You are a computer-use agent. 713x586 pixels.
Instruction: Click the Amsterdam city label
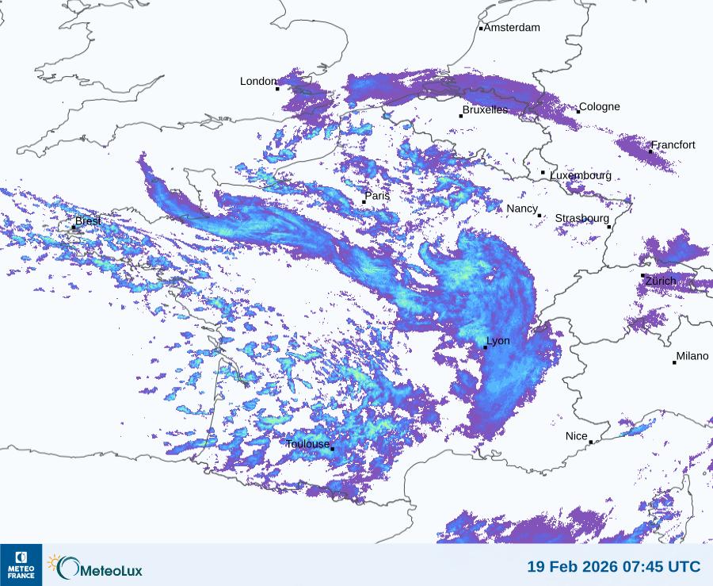pyautogui.click(x=512, y=28)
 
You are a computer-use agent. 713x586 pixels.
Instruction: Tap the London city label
pyautogui.click(x=258, y=82)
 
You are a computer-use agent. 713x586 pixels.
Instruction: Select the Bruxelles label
pyautogui.click(x=485, y=110)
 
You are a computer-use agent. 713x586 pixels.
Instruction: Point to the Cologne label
pyautogui.click(x=600, y=107)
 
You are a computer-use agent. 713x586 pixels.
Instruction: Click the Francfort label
pyautogui.click(x=673, y=145)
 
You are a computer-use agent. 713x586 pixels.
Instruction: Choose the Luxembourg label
pyautogui.click(x=581, y=175)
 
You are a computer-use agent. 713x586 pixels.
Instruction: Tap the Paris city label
pyautogui.click(x=378, y=196)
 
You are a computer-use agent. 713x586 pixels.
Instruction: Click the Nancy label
pyautogui.click(x=522, y=209)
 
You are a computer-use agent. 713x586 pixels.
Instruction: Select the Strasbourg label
pyautogui.click(x=582, y=218)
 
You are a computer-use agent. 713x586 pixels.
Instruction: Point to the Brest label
pyautogui.click(x=88, y=221)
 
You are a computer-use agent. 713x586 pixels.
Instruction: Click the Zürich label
pyautogui.click(x=661, y=282)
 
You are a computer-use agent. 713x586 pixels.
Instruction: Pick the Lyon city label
pyautogui.click(x=498, y=341)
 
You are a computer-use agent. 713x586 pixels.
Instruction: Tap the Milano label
pyautogui.click(x=692, y=357)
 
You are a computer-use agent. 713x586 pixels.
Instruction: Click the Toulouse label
pyautogui.click(x=307, y=444)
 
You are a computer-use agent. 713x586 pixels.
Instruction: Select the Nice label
pyautogui.click(x=577, y=437)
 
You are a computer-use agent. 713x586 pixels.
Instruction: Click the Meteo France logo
pyautogui.click(x=21, y=565)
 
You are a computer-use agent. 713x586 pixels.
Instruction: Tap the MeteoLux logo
pyautogui.click(x=95, y=568)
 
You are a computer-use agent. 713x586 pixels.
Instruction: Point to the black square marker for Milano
pyautogui.click(x=674, y=362)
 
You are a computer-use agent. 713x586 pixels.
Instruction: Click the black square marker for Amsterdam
pyautogui.click(x=481, y=29)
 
